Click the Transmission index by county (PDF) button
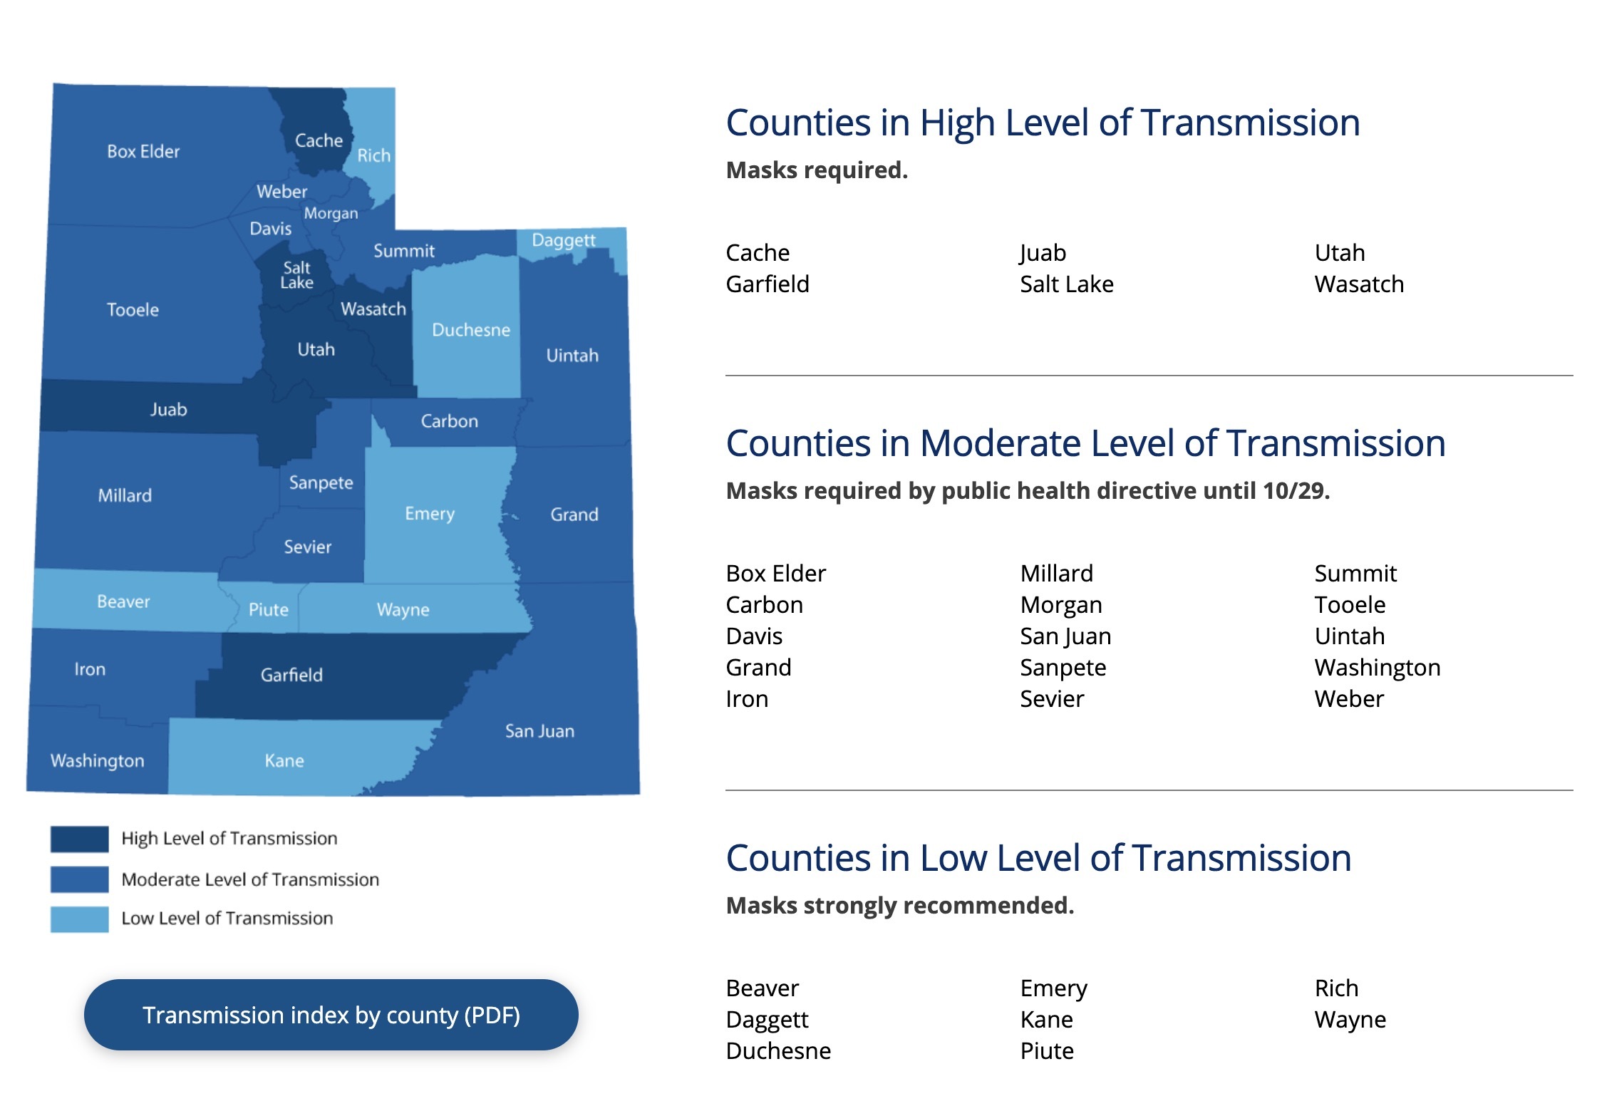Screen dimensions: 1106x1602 coord(331,1015)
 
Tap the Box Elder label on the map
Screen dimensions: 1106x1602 coord(143,152)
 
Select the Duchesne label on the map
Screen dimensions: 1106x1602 coord(471,330)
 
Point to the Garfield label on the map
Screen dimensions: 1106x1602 coord(291,675)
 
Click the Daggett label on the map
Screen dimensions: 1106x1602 coord(563,240)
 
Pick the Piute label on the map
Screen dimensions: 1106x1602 coord(268,610)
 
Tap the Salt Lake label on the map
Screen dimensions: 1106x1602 coord(296,275)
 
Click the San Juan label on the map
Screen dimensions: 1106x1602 coord(539,731)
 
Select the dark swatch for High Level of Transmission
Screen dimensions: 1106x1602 coord(79,839)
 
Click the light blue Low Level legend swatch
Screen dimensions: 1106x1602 coord(79,919)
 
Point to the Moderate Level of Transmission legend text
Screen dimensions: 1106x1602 coord(250,879)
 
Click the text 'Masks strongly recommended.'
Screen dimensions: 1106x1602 coord(899,905)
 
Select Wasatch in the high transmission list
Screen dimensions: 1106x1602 coord(1359,284)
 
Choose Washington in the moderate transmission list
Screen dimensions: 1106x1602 coord(1377,668)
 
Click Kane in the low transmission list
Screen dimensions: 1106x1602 coord(1046,1020)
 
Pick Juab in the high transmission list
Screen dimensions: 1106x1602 coord(1043,253)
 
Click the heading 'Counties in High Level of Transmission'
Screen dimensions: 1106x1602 coord(1043,123)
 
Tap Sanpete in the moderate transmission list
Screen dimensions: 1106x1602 coord(1063,668)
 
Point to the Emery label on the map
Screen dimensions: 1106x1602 coord(430,514)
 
